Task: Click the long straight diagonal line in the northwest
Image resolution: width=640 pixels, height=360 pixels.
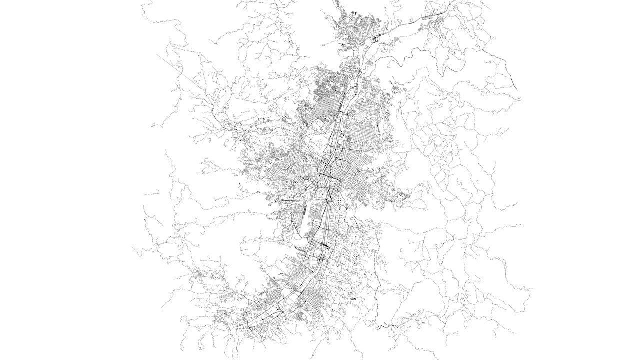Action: (x=172, y=67)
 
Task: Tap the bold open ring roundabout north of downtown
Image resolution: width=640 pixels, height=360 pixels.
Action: (x=340, y=135)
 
